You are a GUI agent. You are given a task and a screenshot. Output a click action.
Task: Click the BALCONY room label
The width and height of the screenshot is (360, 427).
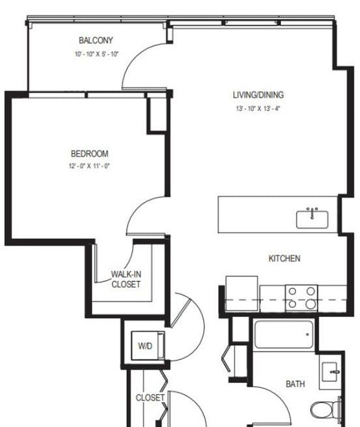[x=95, y=41]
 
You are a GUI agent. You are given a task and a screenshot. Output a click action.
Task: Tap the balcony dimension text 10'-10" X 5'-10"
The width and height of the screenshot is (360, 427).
[x=97, y=54]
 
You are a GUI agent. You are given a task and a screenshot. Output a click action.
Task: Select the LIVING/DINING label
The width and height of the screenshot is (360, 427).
[x=258, y=95]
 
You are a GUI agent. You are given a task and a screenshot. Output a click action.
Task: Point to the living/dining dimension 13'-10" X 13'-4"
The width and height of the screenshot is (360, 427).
[x=258, y=108]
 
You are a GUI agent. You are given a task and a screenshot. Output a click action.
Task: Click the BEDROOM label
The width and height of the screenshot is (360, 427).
[x=90, y=154]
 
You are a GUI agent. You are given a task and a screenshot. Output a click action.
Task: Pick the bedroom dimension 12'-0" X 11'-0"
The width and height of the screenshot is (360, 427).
[x=89, y=166]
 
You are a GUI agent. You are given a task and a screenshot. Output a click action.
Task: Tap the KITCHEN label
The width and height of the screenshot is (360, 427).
[x=285, y=258]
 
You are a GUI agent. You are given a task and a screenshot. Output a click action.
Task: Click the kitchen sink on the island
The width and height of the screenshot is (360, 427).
[x=312, y=218]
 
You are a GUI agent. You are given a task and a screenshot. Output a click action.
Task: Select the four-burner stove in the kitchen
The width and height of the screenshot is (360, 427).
[x=302, y=298]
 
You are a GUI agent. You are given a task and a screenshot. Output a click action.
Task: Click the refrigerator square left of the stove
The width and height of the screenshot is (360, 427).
[x=242, y=293]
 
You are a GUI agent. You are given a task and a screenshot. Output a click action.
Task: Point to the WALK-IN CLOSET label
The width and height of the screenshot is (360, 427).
[x=126, y=279]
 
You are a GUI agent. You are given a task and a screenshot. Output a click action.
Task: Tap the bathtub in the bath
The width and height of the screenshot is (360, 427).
[x=284, y=334]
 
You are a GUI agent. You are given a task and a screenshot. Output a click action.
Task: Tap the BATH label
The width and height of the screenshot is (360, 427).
[x=295, y=384]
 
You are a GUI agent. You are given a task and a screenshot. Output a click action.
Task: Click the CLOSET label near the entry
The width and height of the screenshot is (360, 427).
[x=150, y=398]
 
